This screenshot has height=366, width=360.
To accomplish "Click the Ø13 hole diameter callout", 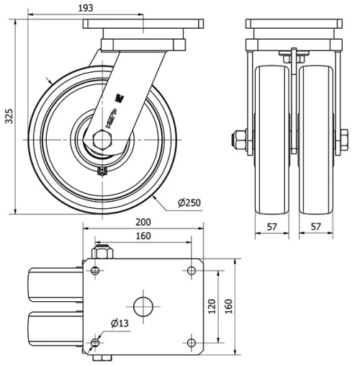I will tap(120, 324).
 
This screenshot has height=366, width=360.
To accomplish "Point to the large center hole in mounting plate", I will tap(143, 305).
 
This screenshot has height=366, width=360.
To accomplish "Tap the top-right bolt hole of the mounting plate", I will tap(191, 271).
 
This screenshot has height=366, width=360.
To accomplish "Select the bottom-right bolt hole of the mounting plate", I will tap(191, 341).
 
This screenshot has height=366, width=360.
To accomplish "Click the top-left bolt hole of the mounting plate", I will tap(96, 271).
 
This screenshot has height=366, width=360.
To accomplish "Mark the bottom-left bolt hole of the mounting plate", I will tap(96, 341).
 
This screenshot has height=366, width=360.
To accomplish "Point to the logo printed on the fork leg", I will tap(114, 108).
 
